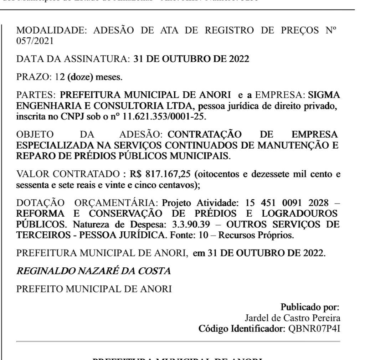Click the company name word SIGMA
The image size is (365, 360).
tap(324, 95)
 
